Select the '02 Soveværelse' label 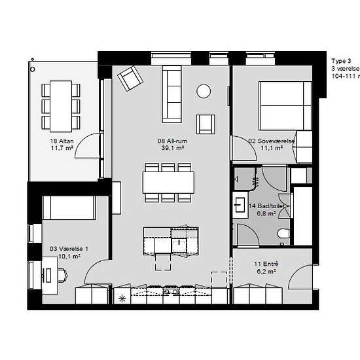point(271,140)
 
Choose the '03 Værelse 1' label point(69,249)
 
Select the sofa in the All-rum point(172,94)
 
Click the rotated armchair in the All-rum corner point(130,79)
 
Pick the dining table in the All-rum point(168,181)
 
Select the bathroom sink point(240,204)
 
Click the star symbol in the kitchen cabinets point(121,298)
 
